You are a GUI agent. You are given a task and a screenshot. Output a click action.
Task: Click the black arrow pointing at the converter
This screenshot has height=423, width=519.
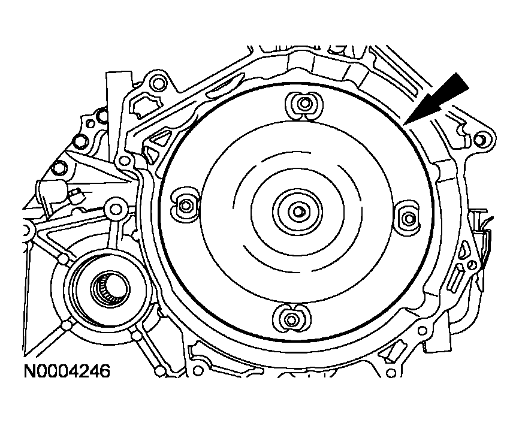[436, 99]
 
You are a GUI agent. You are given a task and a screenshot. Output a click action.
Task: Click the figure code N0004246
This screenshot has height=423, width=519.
[67, 371]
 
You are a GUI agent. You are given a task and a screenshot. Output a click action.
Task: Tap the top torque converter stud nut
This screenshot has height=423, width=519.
[303, 104]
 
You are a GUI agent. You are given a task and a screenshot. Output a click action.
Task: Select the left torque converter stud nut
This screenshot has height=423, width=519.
[186, 206]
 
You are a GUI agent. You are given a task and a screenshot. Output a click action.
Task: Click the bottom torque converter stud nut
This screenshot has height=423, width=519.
[291, 320]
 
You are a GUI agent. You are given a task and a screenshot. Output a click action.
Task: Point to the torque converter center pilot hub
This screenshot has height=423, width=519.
[297, 211]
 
